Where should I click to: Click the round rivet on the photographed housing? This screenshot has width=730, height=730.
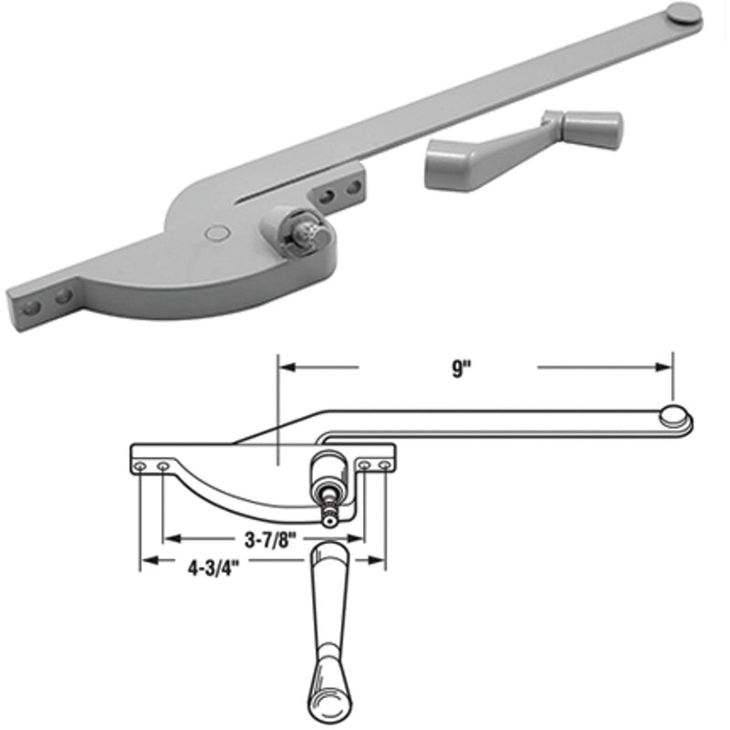pyautogui.click(x=216, y=233)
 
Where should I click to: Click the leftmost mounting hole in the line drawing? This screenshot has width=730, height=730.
pyautogui.click(x=140, y=466)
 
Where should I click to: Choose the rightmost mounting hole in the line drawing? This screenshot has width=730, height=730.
pyautogui.click(x=385, y=466)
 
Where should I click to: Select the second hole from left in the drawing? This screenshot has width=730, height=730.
pyautogui.click(x=162, y=466)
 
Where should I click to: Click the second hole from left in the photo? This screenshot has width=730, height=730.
pyautogui.click(x=63, y=297)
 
